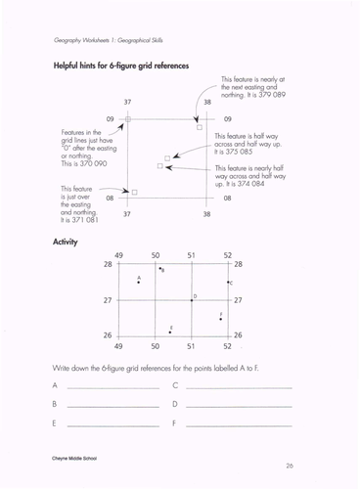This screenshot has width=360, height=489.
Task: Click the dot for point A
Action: coord(139,283)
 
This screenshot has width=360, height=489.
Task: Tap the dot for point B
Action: coord(159,267)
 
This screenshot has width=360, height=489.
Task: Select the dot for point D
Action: coord(191,300)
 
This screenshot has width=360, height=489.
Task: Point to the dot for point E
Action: coord(168,333)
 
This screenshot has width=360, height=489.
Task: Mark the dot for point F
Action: coord(221,319)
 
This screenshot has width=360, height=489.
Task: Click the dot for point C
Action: coord(227,283)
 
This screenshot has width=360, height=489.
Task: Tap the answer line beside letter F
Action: coord(238,425)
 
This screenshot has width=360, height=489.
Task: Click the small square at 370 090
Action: coord(128,119)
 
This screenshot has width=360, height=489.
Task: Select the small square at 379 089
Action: coord(200,126)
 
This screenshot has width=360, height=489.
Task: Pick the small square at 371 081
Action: coord(134,192)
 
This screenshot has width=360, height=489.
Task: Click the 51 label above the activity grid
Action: coord(192,255)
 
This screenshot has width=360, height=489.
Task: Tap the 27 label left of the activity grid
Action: coord(108,300)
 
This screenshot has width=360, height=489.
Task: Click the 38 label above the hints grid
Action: coord(206,101)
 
